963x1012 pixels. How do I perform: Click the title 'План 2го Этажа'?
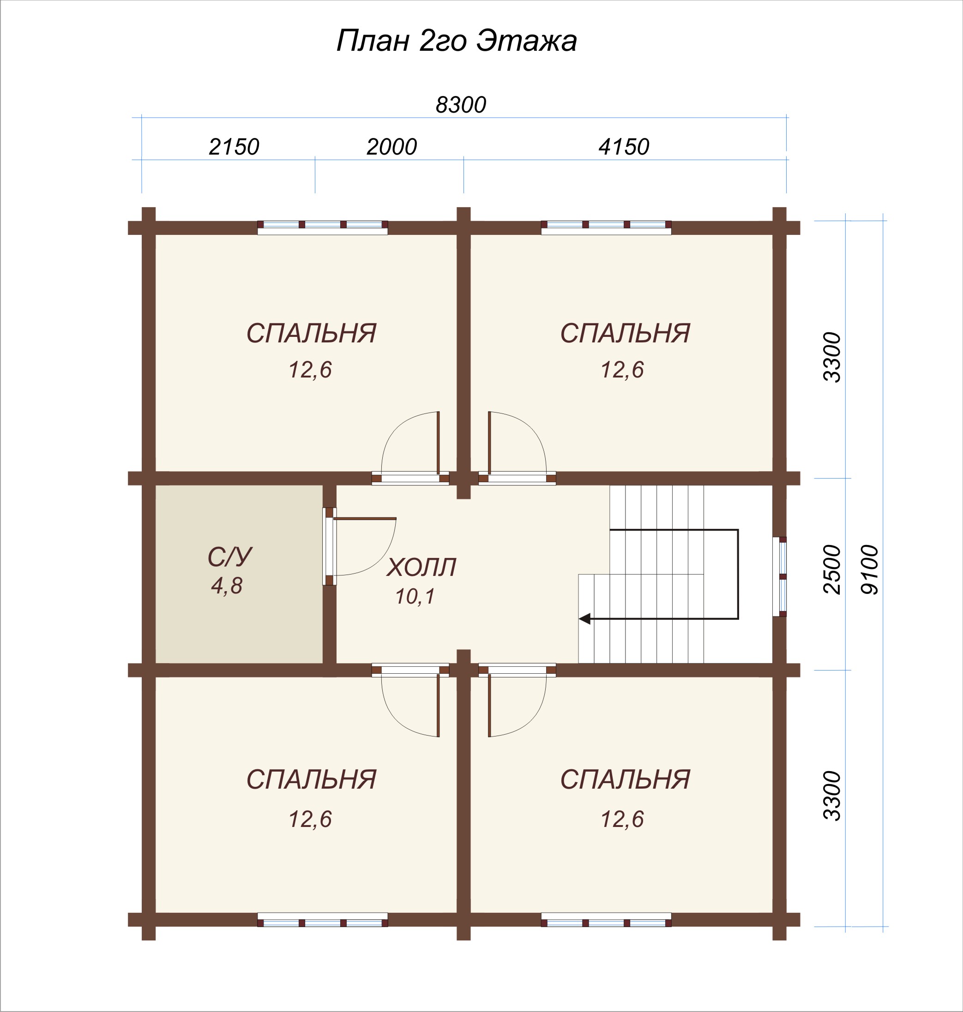tap(457, 41)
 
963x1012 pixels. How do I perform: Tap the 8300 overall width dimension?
tap(460, 105)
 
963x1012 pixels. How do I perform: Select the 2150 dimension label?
tap(234, 147)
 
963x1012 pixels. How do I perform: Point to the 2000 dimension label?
tap(391, 147)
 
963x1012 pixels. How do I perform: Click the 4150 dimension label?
tap(624, 147)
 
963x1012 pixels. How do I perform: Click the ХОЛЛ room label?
tap(421, 568)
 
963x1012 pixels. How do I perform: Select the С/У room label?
tap(229, 556)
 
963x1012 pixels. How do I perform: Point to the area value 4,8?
tap(226, 586)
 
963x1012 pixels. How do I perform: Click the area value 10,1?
tap(415, 596)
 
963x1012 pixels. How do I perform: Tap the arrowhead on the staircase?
tap(584, 619)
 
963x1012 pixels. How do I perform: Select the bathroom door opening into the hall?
tap(359, 546)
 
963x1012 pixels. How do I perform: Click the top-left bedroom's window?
tap(322, 228)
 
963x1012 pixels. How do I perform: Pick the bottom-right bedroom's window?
tap(606, 920)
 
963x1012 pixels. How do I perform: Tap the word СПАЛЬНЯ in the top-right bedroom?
tap(625, 334)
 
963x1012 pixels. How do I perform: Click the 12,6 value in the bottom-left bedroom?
tap(310, 819)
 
